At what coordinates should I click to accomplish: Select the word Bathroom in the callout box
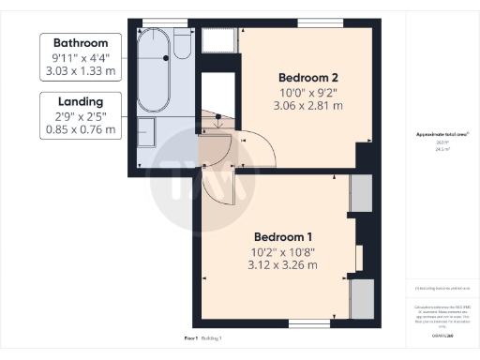(x=81, y=43)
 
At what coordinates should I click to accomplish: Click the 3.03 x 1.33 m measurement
(x=81, y=71)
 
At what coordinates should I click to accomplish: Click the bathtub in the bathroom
(x=154, y=70)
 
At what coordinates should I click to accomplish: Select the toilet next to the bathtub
(x=184, y=45)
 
